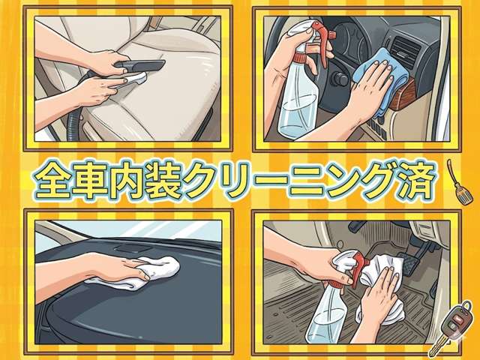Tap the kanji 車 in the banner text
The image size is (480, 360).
90,180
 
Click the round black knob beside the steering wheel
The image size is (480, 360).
340,79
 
